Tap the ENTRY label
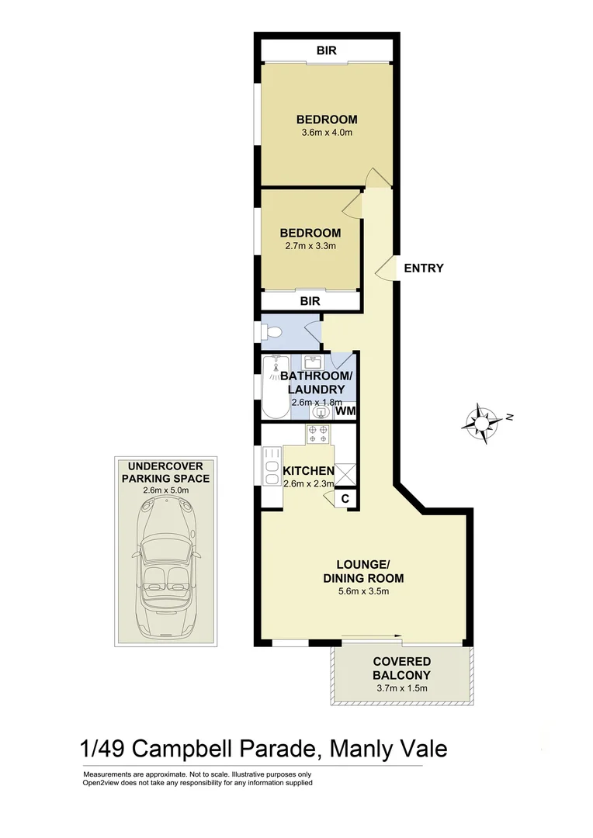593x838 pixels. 423,268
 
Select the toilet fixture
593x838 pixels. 270,332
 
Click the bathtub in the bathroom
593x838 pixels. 273,386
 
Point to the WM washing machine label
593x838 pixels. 345,411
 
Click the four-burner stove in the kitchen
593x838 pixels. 319,434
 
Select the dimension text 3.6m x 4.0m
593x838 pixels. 327,133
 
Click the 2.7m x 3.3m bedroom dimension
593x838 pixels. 310,246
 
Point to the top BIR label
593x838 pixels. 327,50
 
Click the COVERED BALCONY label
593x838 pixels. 401,668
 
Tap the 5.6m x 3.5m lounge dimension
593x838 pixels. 362,591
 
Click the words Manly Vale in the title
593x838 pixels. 389,750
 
